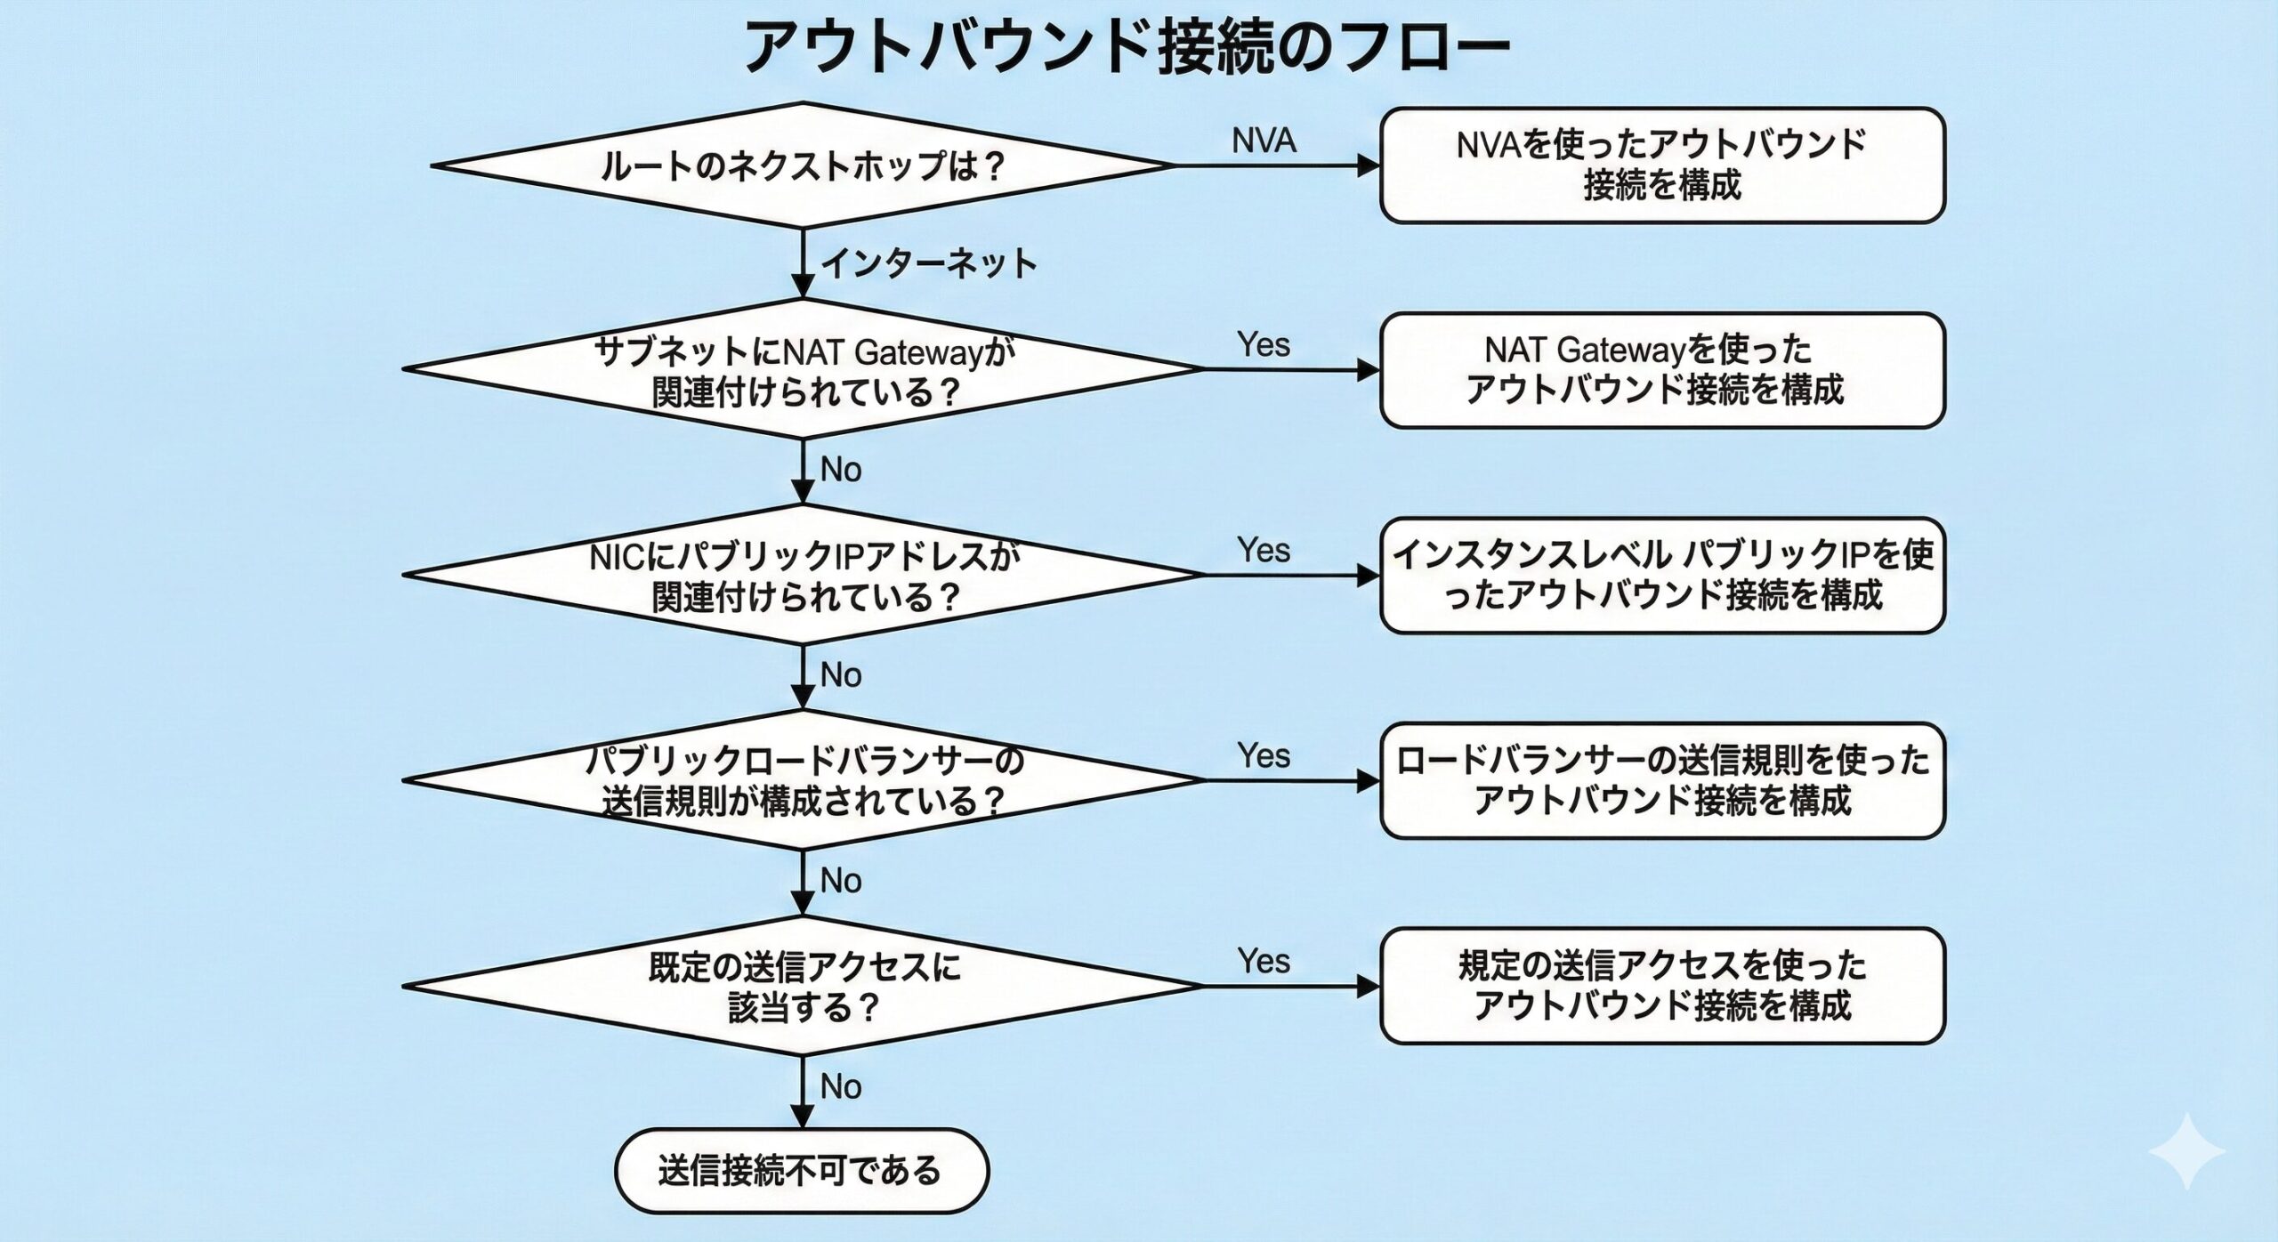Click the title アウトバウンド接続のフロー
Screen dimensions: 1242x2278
coord(1126,46)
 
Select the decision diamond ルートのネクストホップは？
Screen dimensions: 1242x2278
coord(803,166)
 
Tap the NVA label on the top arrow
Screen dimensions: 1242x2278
coord(1264,141)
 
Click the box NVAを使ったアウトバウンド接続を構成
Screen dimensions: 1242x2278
coord(1661,165)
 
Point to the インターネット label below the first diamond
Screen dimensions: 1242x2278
coord(928,264)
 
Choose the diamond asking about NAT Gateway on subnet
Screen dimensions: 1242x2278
coord(803,370)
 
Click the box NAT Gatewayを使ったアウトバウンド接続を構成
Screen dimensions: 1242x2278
coord(1661,370)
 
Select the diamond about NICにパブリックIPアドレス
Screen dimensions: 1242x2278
coord(803,576)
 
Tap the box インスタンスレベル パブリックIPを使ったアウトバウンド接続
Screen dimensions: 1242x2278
coord(1661,576)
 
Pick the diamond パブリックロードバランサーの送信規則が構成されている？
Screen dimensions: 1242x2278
coord(803,781)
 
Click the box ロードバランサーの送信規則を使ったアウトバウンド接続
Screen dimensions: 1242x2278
coord(1661,781)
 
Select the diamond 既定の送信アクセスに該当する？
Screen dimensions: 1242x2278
coord(803,987)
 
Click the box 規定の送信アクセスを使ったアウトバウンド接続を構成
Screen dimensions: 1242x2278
coord(1661,986)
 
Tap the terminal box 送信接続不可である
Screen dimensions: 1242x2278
coord(801,1171)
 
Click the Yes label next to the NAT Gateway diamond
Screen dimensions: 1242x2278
coord(1263,345)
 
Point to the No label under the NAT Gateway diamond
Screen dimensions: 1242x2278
coord(841,470)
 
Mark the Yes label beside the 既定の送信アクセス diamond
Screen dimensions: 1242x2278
coord(1263,962)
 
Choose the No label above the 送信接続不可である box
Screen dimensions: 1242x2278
coord(841,1087)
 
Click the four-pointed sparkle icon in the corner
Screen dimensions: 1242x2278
coord(2186,1151)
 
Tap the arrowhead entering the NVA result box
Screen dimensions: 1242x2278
coord(1369,165)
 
